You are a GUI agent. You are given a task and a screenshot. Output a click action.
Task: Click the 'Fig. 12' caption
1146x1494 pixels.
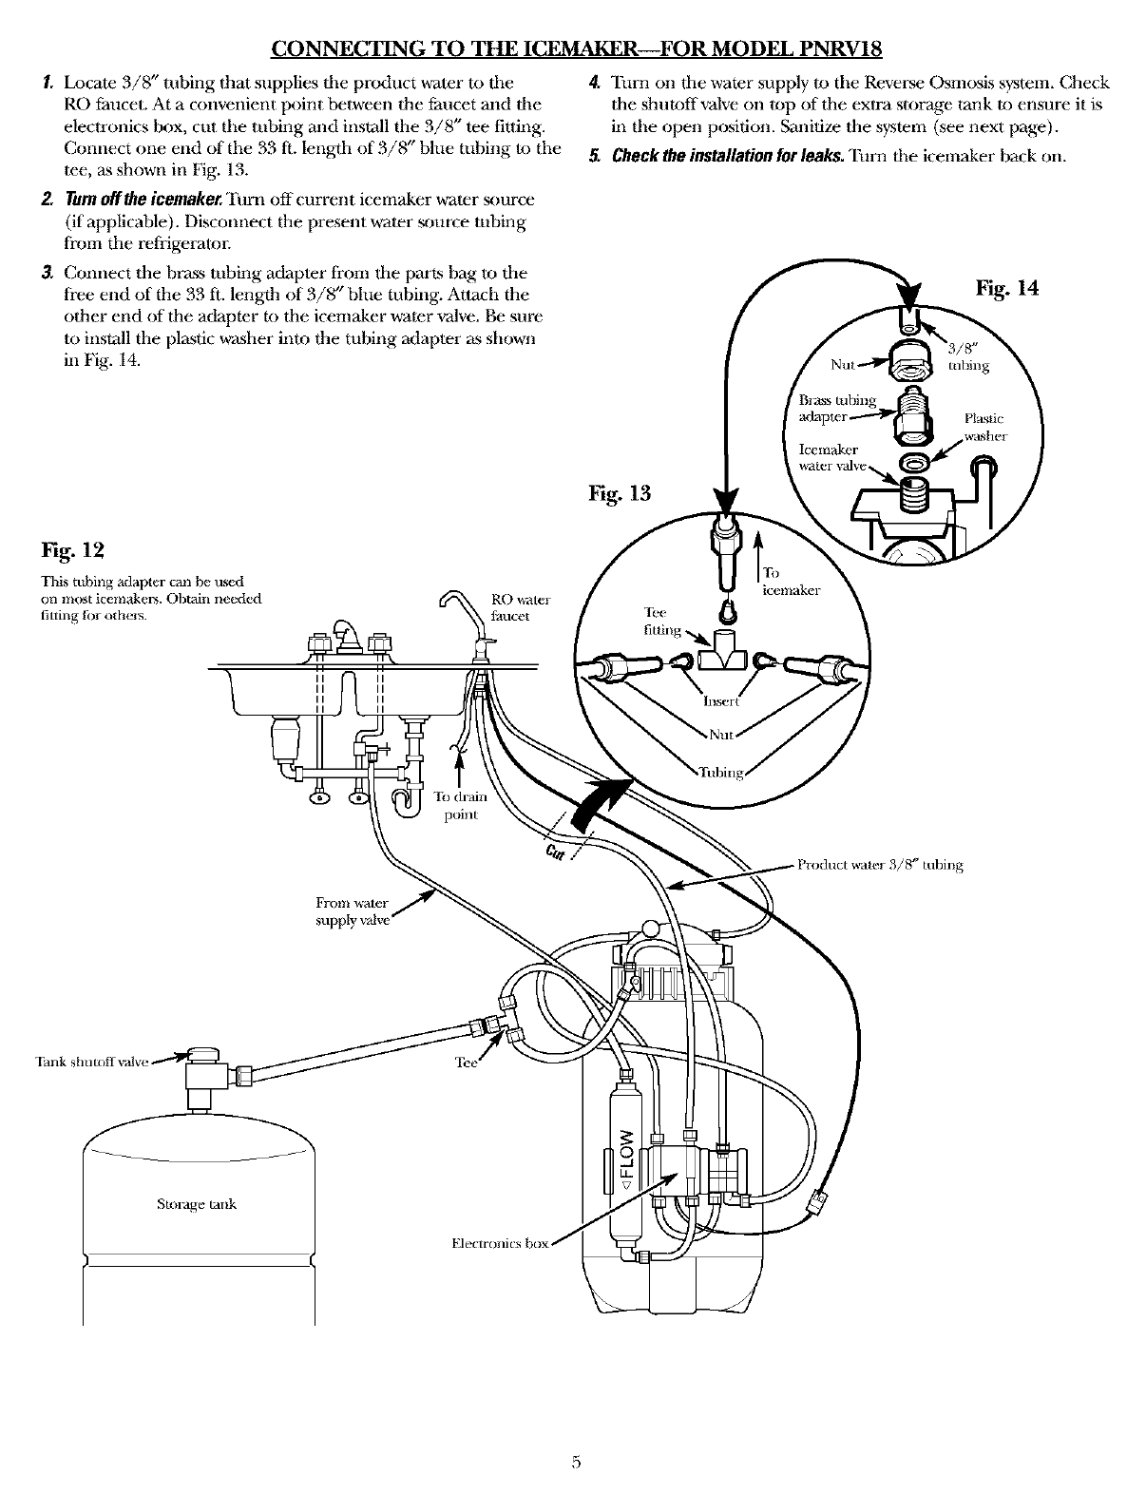click(x=72, y=550)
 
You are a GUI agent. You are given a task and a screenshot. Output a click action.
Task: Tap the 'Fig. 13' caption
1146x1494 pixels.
click(x=620, y=493)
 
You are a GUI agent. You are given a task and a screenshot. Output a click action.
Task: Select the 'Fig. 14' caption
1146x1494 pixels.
click(x=1007, y=287)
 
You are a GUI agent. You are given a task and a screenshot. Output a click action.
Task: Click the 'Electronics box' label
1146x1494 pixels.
click(x=500, y=1242)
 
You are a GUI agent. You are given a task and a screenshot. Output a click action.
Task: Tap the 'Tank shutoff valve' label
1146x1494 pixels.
click(x=92, y=1062)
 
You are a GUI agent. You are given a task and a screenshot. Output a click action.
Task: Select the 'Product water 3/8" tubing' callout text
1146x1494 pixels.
click(x=880, y=864)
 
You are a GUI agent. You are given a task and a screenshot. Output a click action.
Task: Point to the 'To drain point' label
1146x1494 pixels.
click(x=461, y=805)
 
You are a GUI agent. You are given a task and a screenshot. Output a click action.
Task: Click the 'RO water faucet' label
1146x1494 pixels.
click(x=521, y=607)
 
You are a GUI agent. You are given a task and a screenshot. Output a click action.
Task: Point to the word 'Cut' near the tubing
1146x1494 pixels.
click(x=555, y=852)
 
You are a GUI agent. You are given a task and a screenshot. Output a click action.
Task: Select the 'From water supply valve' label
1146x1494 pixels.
click(x=352, y=911)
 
